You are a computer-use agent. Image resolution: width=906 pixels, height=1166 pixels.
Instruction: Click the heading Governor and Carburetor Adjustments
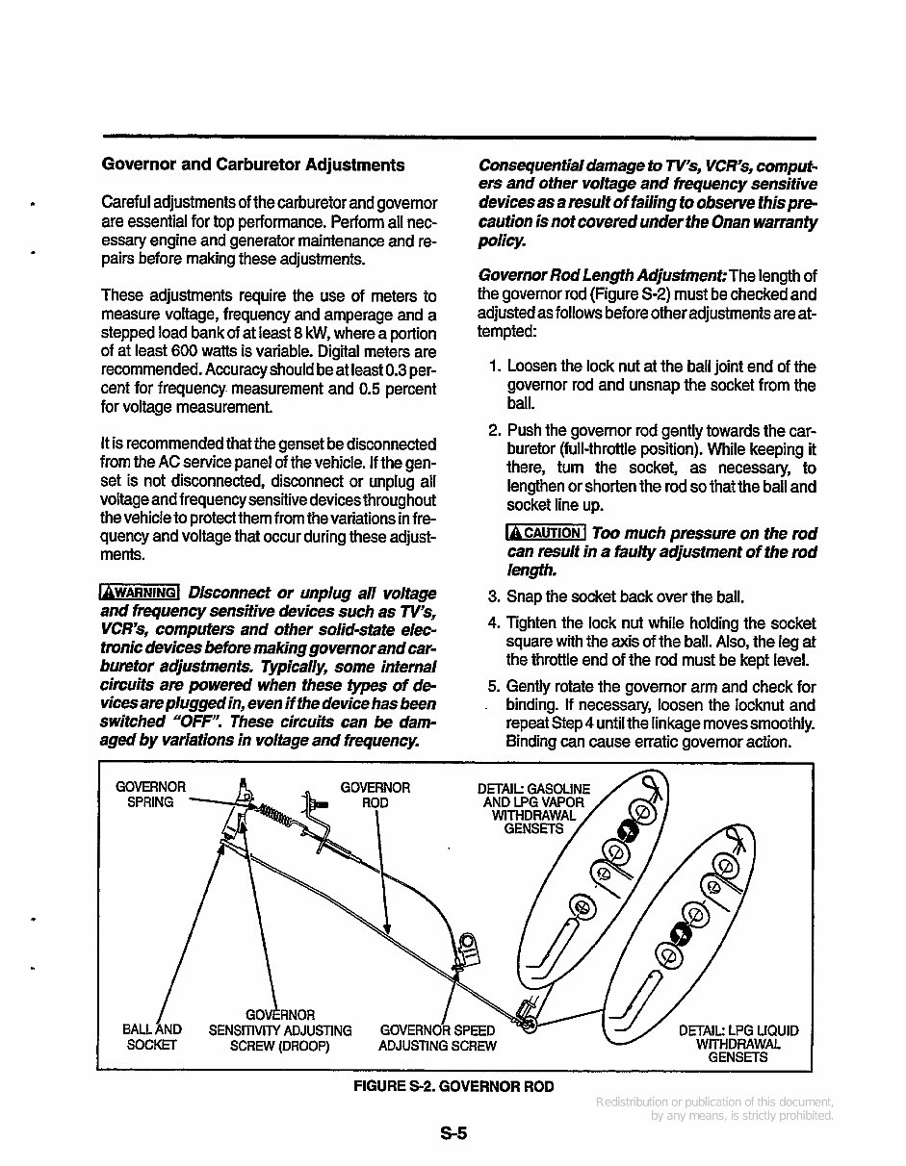253,165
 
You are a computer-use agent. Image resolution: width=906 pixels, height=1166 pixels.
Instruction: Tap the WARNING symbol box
141,593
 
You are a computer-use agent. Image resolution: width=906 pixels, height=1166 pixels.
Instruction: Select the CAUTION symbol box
546,533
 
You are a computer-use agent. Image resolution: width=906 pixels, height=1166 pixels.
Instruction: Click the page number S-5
453,1133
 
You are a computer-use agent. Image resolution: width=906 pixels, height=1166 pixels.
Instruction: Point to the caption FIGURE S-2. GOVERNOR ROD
453,1086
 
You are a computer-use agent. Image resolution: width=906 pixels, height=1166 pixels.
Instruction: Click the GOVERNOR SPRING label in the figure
150,795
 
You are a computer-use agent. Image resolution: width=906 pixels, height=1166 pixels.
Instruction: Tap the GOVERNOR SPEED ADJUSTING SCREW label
438,1038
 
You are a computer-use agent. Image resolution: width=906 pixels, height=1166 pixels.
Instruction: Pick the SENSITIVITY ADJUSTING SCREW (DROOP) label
280,1030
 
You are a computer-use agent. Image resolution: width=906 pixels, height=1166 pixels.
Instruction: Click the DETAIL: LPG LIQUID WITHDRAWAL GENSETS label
738,1043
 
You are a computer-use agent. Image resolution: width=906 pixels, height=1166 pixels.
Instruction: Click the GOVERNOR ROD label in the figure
375,795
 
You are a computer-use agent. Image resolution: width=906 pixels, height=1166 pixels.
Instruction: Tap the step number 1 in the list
493,367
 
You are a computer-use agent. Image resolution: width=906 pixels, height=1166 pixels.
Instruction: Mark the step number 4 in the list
493,623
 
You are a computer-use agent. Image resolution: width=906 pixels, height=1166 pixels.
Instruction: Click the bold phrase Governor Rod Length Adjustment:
604,276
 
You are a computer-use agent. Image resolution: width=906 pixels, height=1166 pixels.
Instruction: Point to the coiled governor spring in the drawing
278,817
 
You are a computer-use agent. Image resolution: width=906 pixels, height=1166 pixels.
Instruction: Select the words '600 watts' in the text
198,352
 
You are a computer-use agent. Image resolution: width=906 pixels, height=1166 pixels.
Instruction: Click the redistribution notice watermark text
714,1108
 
